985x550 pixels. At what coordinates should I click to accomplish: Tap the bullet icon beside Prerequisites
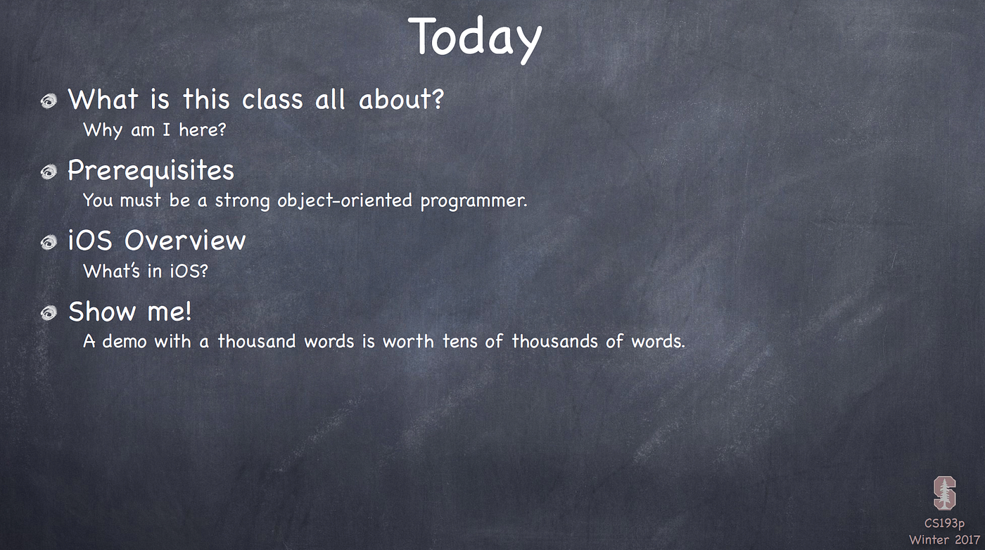point(49,172)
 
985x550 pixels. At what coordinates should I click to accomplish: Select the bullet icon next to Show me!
point(49,313)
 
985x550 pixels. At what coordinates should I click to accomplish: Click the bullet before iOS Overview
point(49,242)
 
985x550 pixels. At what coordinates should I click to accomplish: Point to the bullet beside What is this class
point(49,101)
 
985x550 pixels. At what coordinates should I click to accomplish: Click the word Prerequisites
point(151,171)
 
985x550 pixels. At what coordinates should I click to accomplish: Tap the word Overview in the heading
point(185,241)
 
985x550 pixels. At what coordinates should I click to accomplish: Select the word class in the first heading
point(272,99)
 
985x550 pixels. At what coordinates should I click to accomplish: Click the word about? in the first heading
point(402,99)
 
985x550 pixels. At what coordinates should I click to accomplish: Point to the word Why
point(103,130)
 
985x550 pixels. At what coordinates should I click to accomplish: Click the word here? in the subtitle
point(203,129)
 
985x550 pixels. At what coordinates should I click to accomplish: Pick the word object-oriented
point(345,201)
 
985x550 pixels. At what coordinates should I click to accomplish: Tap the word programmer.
point(474,201)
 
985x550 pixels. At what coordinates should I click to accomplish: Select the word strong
point(242,201)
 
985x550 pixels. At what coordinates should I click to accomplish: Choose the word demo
point(125,341)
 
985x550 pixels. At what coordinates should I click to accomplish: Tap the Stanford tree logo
point(944,493)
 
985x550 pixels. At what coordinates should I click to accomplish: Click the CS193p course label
point(944,523)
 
